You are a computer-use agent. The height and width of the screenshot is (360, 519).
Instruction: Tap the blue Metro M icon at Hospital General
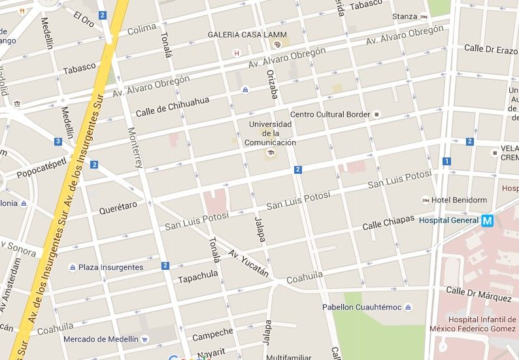click(x=487, y=221)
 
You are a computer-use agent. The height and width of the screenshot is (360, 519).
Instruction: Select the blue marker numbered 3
click(x=58, y=142)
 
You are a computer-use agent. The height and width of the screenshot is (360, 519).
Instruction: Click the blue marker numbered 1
click(x=446, y=161)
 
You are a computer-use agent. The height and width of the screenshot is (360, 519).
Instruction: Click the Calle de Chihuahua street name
click(x=173, y=106)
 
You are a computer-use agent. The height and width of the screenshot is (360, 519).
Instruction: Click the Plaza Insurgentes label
click(x=110, y=267)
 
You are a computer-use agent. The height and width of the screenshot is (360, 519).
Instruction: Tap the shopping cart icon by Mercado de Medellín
click(x=144, y=339)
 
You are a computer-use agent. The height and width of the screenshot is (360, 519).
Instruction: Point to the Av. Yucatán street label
click(x=248, y=263)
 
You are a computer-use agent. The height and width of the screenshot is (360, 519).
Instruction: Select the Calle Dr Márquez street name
click(x=478, y=294)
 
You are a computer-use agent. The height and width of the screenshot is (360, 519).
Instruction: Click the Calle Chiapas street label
click(x=388, y=223)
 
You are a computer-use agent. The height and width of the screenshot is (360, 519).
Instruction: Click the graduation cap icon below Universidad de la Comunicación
click(x=269, y=153)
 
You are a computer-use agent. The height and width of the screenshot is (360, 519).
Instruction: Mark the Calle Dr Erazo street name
click(x=490, y=49)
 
